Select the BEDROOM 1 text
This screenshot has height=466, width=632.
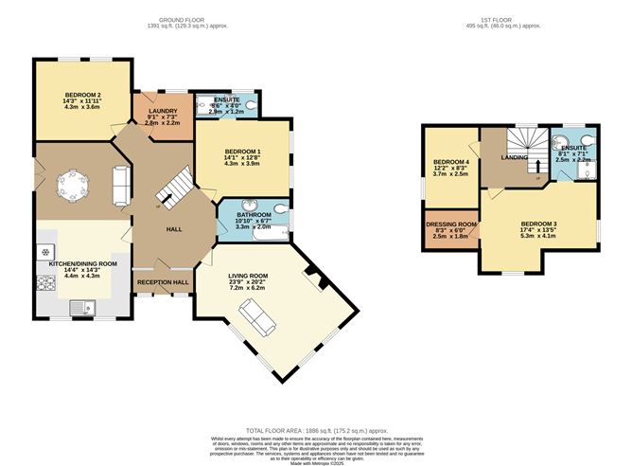click(242, 152)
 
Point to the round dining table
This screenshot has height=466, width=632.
click(72, 184)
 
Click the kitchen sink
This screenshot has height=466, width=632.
click(83, 305)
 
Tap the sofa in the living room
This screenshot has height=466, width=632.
click(256, 316)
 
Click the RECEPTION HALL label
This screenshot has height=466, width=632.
click(163, 282)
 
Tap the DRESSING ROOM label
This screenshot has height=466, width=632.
click(450, 224)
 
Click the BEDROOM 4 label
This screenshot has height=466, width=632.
click(450, 161)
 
